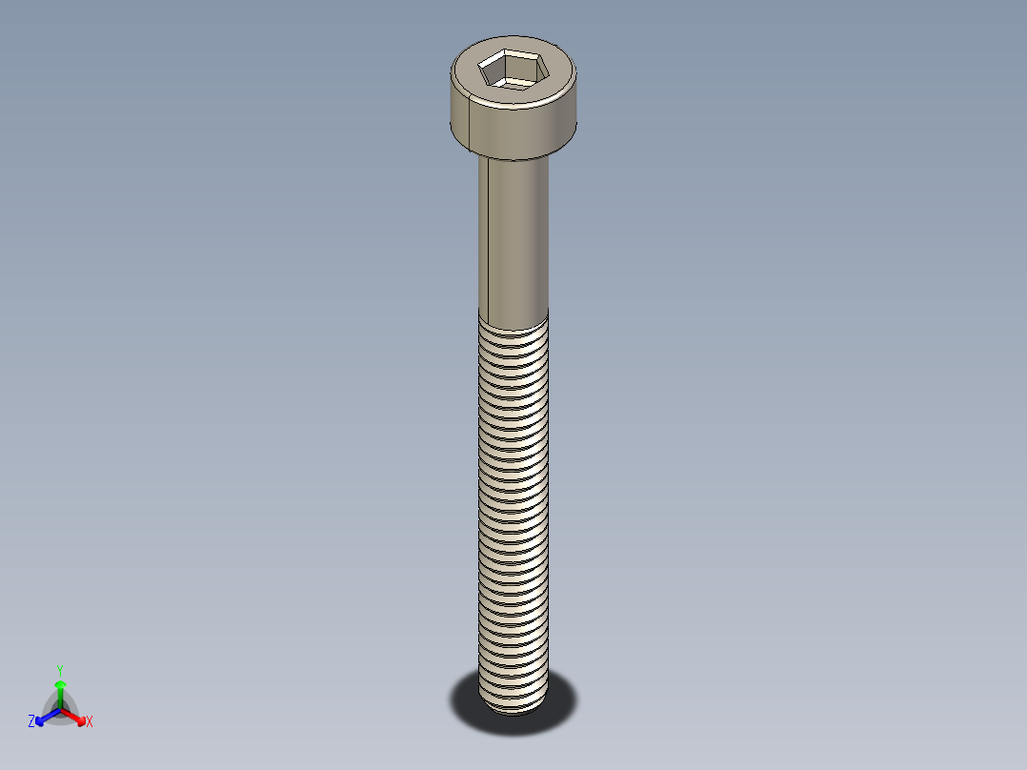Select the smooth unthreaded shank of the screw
click(519, 238)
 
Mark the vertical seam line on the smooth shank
click(488, 238)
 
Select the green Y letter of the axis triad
click(60, 670)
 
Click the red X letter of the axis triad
click(90, 722)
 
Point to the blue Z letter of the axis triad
click(31, 722)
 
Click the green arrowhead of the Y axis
click(60, 684)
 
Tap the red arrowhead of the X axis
click(80, 718)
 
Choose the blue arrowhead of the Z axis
click(41, 718)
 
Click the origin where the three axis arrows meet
click(60, 707)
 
